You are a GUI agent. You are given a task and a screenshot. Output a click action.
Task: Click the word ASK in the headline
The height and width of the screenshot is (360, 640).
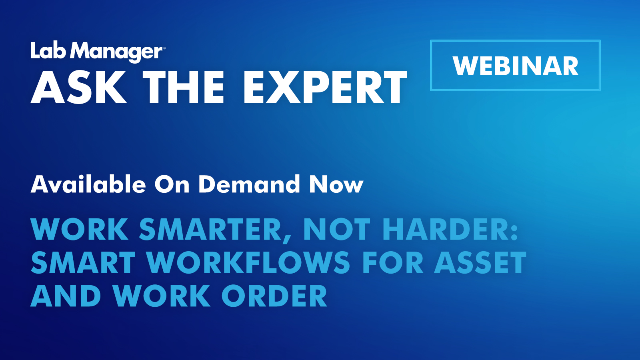[x=78, y=88]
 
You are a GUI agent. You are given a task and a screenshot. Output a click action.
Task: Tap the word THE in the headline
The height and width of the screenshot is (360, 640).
[x=183, y=88]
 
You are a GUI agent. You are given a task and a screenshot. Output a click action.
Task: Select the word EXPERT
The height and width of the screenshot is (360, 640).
[x=325, y=88]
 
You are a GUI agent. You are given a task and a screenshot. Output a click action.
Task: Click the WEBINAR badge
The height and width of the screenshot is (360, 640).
[x=515, y=66]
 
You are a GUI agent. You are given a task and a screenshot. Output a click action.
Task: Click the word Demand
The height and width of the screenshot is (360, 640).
[x=249, y=184]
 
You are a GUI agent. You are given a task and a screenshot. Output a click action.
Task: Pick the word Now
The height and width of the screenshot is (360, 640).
[x=336, y=184]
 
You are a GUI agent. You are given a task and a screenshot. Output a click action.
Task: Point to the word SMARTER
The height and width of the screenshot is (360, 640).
[x=210, y=230]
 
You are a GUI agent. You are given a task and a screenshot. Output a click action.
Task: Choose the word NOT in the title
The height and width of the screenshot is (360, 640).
[x=336, y=230]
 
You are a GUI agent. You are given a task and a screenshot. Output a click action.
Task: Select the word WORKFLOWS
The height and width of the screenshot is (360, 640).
[x=248, y=263]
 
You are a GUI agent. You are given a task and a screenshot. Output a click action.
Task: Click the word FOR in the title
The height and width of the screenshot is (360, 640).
[x=392, y=263]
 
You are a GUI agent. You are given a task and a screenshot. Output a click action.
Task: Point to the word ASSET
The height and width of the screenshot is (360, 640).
[x=480, y=263]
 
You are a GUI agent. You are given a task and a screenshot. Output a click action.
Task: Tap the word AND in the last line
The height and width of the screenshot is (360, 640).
[x=66, y=296]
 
